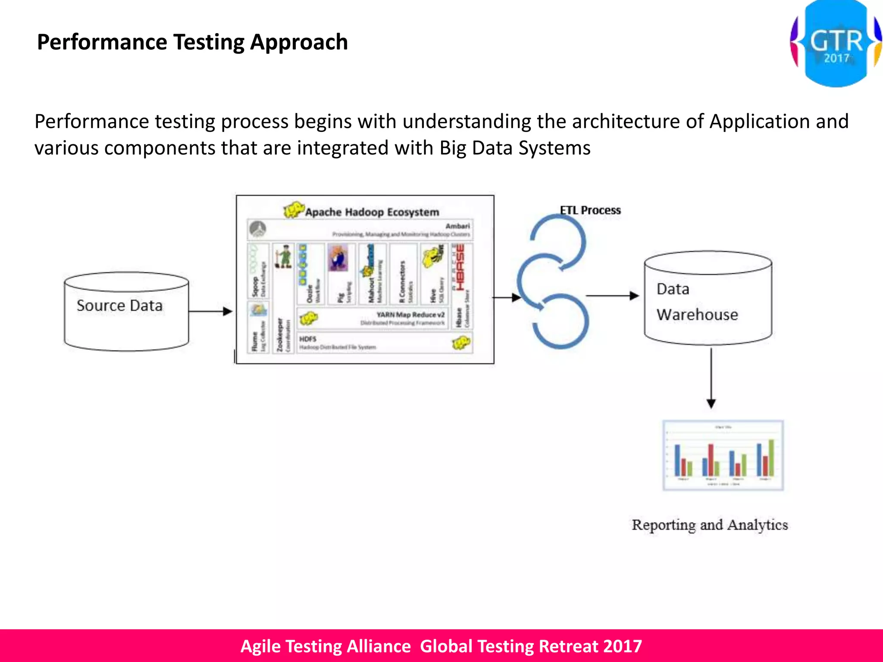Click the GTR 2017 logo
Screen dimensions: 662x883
tap(835, 44)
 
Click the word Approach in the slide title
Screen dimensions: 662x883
tap(298, 42)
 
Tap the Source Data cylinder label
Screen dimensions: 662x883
tap(120, 306)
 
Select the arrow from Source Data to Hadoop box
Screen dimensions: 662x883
tap(210, 311)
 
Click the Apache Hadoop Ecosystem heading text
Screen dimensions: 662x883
tap(372, 212)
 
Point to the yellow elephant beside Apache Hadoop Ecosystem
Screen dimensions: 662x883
tap(294, 210)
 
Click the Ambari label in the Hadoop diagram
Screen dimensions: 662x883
tap(457, 226)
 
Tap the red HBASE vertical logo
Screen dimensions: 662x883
tap(460, 267)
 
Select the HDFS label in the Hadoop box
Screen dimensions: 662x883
tap(308, 339)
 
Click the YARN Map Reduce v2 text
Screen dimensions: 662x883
tap(410, 315)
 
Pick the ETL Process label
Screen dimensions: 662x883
tap(590, 210)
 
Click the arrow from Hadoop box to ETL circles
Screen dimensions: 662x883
tap(506, 297)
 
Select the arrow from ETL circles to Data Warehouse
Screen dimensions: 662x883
tap(612, 296)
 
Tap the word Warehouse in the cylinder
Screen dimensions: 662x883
tap(697, 315)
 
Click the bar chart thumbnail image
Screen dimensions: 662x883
tap(723, 456)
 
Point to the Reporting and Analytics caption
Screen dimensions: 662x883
tap(710, 525)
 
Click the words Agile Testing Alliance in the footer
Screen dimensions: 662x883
tap(326, 646)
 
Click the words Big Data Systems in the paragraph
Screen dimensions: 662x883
tap(515, 148)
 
